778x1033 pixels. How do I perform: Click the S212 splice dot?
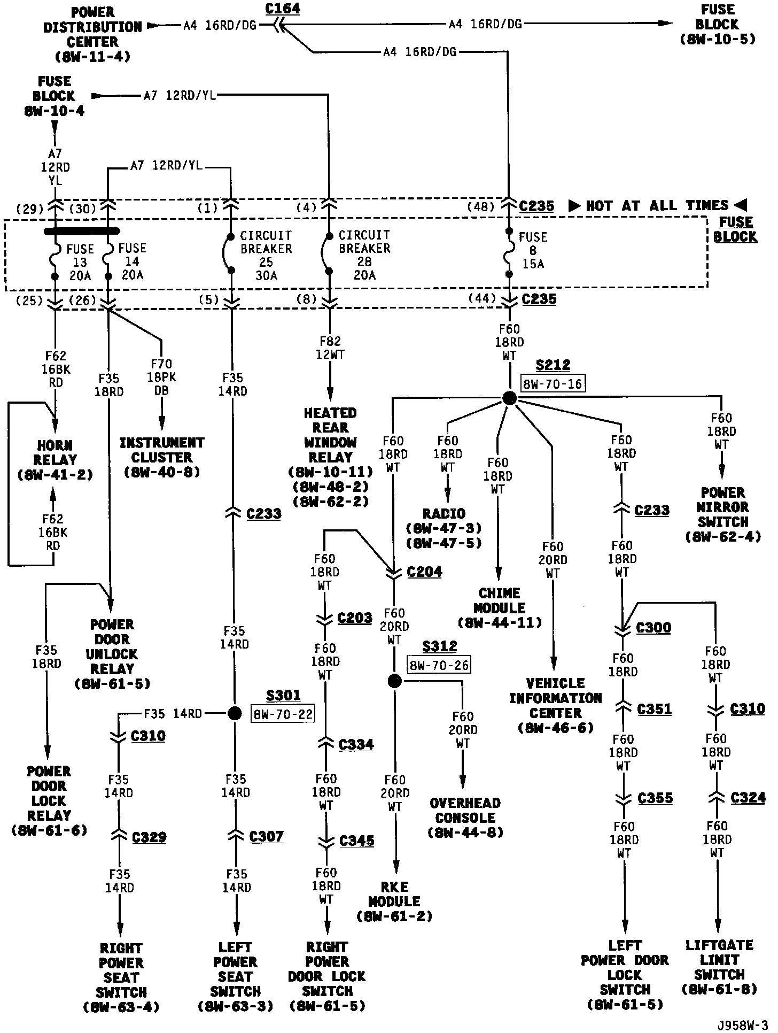pos(509,398)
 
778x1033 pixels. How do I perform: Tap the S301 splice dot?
pos(235,713)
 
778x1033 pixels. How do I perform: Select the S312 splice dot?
pos(394,681)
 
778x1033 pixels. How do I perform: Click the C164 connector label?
pos(283,9)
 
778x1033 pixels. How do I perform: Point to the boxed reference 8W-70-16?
pos(553,383)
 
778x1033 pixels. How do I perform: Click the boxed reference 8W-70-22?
pos(282,714)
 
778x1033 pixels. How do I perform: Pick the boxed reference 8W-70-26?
pos(439,665)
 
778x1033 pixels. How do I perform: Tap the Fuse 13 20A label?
pos(80,262)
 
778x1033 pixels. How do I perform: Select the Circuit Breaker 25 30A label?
pos(266,256)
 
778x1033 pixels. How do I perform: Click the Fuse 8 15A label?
pos(533,250)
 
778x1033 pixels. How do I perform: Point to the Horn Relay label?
pos(56,459)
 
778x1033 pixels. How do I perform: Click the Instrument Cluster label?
pos(161,457)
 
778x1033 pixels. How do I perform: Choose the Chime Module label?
pos(500,607)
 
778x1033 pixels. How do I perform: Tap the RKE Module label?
pos(394,908)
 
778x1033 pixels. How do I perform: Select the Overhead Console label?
pos(465,818)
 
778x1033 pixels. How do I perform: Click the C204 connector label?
pos(424,572)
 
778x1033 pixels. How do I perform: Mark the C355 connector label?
pos(656,798)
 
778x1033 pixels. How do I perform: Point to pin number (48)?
pos(480,207)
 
